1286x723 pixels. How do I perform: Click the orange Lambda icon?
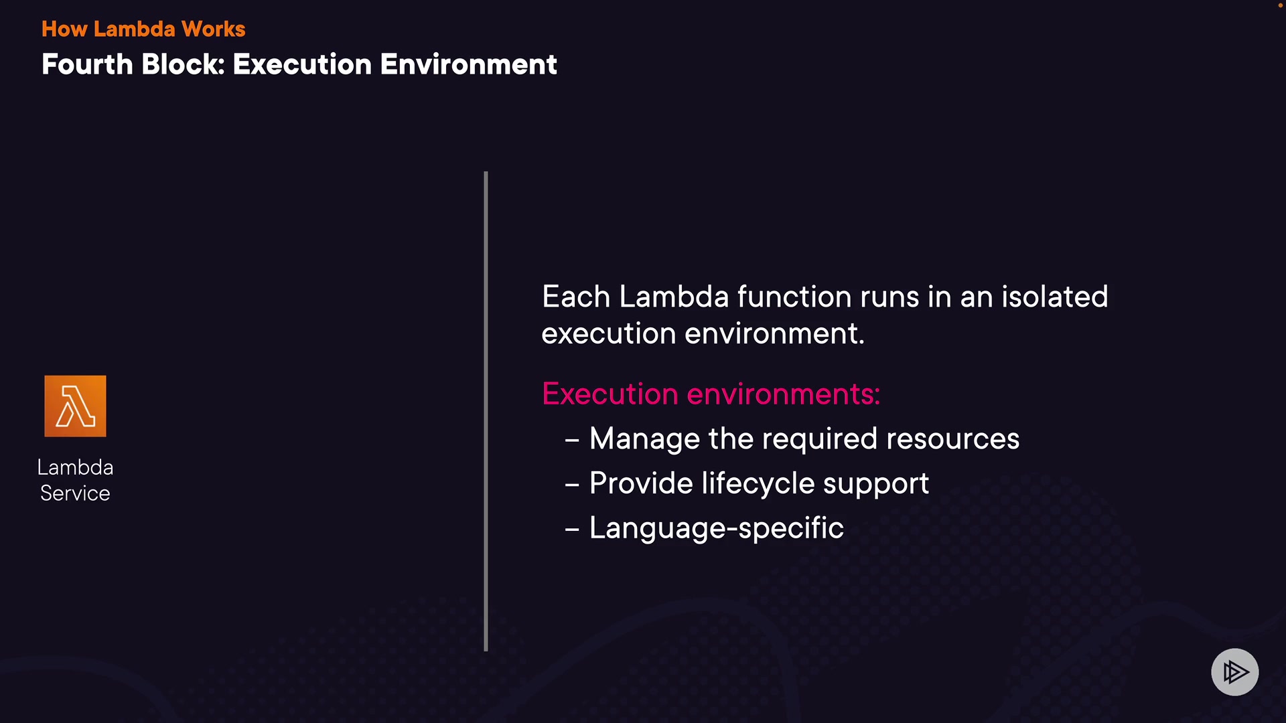[x=75, y=406]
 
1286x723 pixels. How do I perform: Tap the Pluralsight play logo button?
[x=1234, y=671]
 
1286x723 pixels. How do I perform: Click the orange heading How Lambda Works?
[x=143, y=29]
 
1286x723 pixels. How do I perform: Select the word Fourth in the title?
[x=87, y=64]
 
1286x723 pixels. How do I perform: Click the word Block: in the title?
[x=183, y=64]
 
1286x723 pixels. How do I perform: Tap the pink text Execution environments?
[x=711, y=394]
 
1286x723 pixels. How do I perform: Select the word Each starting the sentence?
[x=575, y=297]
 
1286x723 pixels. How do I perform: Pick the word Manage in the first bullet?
[x=644, y=439]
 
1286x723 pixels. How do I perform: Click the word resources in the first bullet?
[x=952, y=439]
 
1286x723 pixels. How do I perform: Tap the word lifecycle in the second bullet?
[x=758, y=483]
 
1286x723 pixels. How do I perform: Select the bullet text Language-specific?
[x=716, y=528]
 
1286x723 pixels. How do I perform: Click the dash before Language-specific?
[x=572, y=530]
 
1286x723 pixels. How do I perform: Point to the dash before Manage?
[x=572, y=440]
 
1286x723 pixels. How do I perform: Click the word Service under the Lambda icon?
[x=75, y=493]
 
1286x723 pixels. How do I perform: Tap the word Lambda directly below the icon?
[x=75, y=467]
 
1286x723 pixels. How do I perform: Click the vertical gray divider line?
[x=486, y=411]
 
